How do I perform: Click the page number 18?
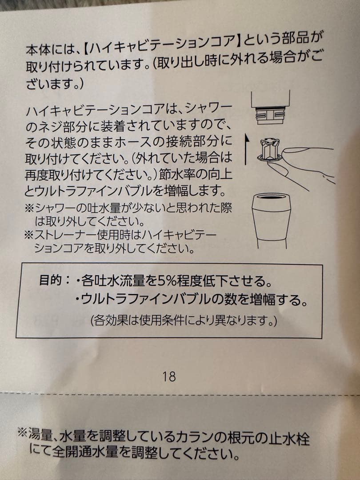[169, 377]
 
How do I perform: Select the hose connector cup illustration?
[271, 217]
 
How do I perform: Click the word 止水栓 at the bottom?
[291, 437]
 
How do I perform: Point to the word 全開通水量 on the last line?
[86, 452]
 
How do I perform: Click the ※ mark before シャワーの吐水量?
[29, 208]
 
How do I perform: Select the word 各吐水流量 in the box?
[117, 282]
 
